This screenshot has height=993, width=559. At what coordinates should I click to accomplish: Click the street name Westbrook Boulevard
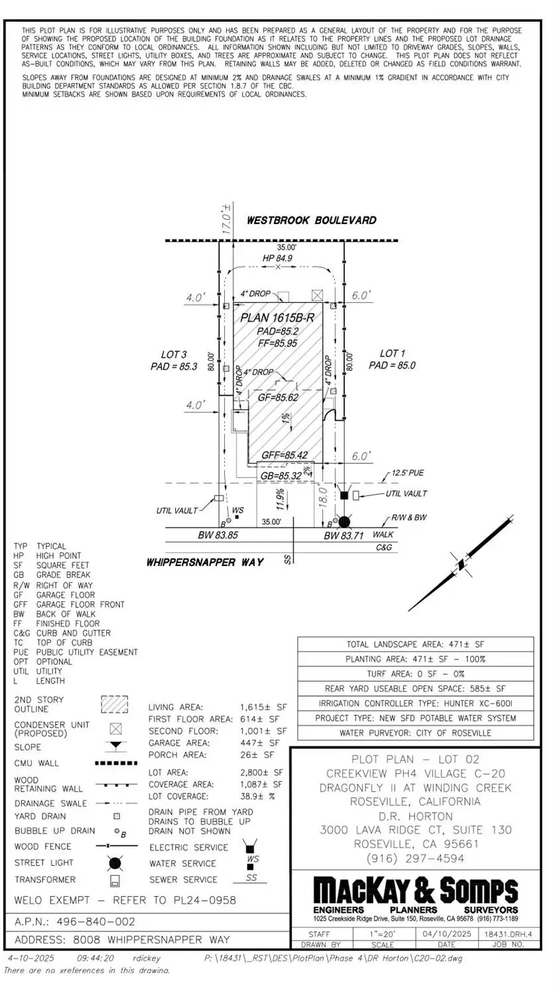point(311,220)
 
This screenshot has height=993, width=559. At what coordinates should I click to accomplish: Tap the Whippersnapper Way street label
point(205,562)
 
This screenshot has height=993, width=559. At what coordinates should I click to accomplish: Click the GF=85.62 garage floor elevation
point(278,398)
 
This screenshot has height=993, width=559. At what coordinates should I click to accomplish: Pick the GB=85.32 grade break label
point(280,476)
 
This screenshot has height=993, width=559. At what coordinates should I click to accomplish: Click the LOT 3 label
point(174,355)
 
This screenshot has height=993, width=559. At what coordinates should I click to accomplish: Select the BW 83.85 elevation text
point(217,534)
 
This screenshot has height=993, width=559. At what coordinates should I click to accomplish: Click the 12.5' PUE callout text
point(407,473)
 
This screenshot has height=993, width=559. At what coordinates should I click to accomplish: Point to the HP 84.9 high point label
point(277,258)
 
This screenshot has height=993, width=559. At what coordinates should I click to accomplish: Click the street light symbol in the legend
point(115,863)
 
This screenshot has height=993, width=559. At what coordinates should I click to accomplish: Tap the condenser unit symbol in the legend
point(115,729)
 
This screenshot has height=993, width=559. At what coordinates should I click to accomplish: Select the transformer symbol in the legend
point(115,880)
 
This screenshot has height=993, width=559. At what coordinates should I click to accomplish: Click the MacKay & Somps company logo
point(415,891)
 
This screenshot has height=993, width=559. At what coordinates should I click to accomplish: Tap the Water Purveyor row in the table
point(415,732)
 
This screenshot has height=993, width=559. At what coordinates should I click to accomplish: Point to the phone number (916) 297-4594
point(415,858)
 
